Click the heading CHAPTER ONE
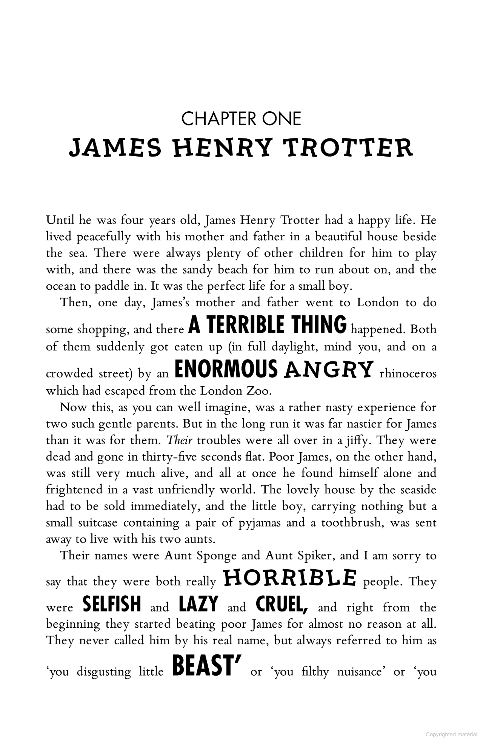pos(241,119)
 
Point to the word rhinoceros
pos(408,373)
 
